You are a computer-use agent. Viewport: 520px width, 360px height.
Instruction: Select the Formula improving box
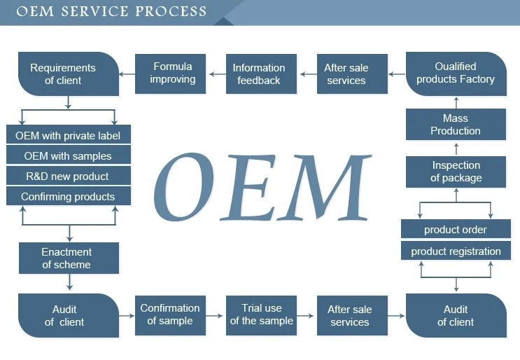[172, 73]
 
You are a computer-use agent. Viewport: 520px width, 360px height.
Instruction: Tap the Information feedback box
[258, 74]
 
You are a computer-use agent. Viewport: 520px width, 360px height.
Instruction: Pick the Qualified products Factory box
[456, 73]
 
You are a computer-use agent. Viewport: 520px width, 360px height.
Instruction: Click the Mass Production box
[456, 125]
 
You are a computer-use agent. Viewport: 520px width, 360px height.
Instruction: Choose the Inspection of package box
[456, 172]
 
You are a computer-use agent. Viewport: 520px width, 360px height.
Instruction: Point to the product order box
[456, 230]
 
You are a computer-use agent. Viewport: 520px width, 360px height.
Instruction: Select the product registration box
[456, 251]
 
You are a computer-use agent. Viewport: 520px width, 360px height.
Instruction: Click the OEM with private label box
[68, 135]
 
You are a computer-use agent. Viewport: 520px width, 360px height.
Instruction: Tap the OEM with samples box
[68, 155]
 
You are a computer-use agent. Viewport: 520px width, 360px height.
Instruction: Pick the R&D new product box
[68, 176]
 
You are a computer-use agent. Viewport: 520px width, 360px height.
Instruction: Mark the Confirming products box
[68, 197]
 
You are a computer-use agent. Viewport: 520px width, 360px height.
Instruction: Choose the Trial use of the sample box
[261, 314]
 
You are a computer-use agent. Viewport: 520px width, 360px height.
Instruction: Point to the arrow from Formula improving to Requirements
[128, 73]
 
